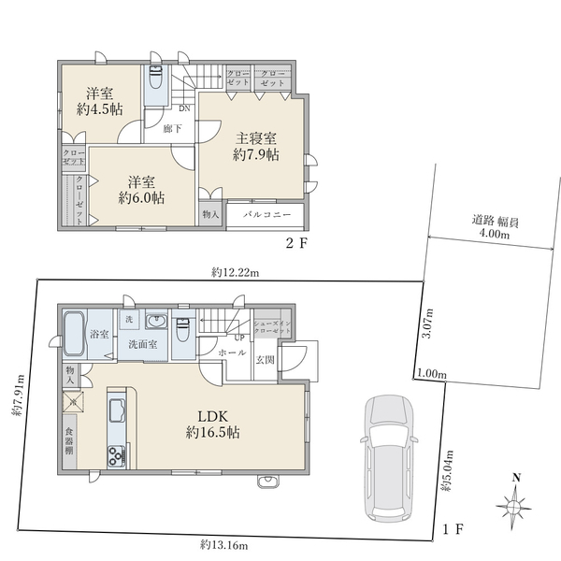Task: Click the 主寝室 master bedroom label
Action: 254,147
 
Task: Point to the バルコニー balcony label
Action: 267,215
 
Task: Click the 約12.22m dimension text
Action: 235,272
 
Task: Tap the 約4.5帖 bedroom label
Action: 100,101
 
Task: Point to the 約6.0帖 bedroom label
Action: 141,189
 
